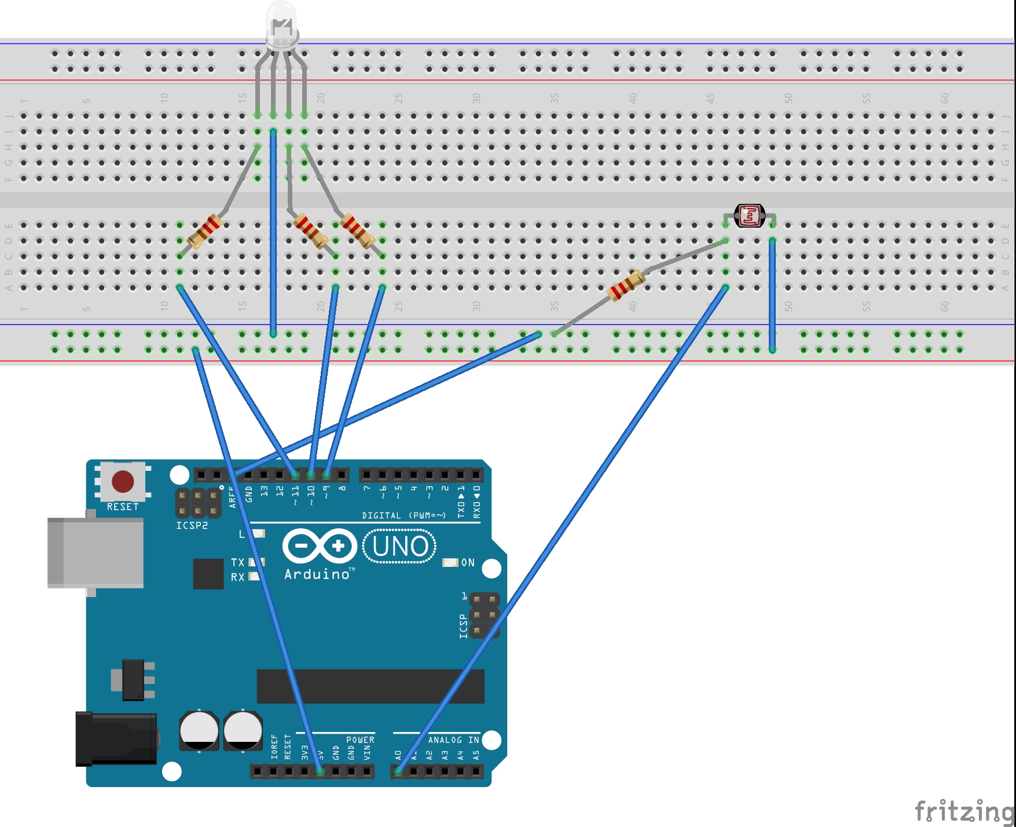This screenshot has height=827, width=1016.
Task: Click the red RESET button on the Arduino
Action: (123, 481)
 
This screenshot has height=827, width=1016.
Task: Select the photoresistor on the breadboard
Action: (750, 216)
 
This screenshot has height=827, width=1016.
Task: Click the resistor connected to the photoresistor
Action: (626, 286)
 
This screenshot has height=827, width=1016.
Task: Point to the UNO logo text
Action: (400, 546)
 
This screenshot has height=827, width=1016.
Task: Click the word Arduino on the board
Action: (317, 574)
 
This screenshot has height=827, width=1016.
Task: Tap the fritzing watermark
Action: (964, 810)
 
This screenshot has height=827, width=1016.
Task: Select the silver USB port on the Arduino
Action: (96, 552)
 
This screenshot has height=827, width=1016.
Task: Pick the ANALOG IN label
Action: (453, 740)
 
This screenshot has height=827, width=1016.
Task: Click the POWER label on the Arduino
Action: (360, 740)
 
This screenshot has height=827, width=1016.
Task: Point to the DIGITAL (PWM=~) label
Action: (404, 515)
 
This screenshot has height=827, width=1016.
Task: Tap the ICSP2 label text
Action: (192, 525)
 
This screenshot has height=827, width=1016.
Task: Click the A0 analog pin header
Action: (398, 771)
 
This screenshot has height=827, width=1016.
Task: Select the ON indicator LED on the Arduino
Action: (450, 562)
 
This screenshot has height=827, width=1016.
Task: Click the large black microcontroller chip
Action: (371, 686)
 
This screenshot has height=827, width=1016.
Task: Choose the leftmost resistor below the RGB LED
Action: (204, 231)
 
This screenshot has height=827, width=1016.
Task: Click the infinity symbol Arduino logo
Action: (320, 546)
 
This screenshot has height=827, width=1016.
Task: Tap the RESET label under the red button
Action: (123, 507)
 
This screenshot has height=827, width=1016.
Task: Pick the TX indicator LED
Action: (256, 562)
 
